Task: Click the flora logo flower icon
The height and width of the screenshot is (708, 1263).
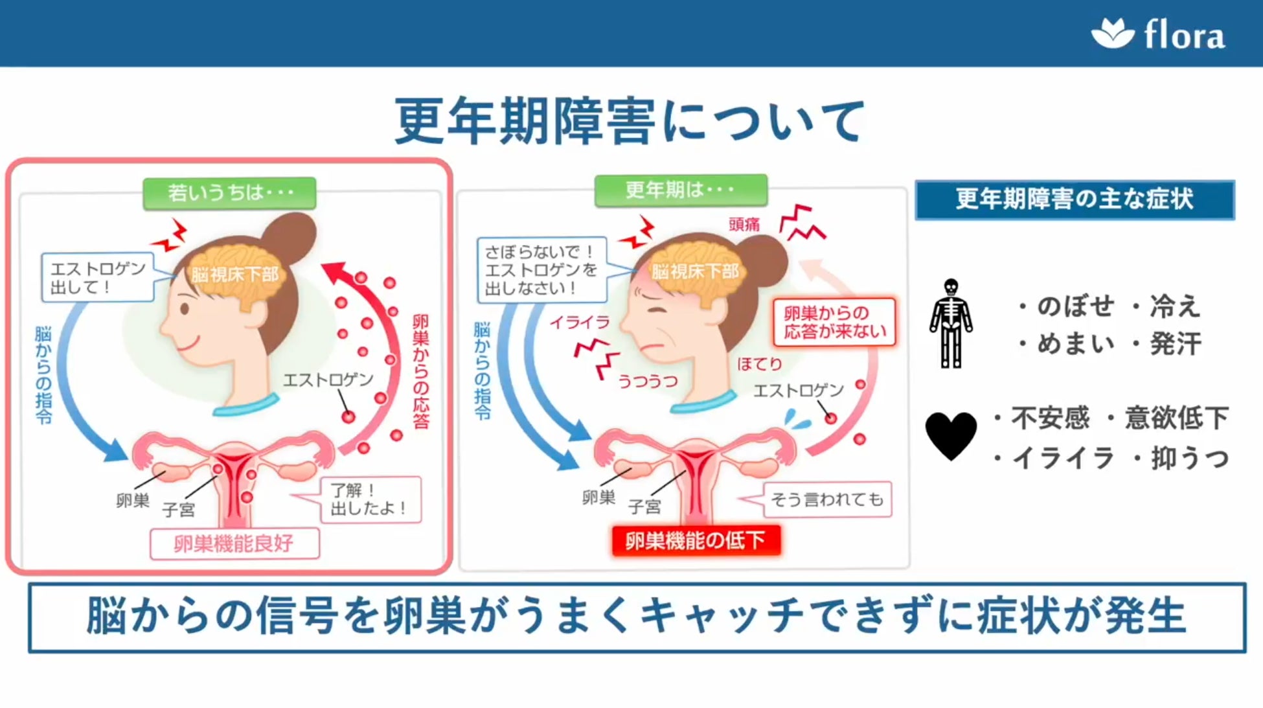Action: [1112, 33]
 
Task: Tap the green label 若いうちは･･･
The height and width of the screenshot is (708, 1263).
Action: [229, 193]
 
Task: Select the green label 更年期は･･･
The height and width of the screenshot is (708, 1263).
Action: [680, 190]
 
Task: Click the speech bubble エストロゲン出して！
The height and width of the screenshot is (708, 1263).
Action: [98, 277]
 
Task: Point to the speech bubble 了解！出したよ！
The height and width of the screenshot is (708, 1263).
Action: [370, 499]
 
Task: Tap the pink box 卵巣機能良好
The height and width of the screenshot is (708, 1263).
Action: [234, 543]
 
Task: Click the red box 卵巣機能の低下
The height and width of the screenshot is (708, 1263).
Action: [696, 540]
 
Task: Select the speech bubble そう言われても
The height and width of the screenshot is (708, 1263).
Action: [826, 499]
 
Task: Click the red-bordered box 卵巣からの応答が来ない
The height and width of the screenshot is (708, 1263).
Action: [834, 322]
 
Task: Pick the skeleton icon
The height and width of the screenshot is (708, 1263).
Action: [950, 323]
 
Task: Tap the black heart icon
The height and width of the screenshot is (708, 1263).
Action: [950, 435]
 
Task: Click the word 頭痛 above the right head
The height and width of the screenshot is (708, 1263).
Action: [744, 224]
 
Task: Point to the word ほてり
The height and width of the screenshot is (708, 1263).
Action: [759, 364]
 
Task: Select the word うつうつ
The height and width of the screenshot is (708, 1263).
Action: [648, 381]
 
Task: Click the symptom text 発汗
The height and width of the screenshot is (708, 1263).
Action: [1176, 343]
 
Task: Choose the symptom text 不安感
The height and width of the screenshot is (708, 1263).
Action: [1050, 418]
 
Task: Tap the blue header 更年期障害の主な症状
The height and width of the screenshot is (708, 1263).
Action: [1074, 200]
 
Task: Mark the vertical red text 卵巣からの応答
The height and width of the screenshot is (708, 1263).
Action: [420, 371]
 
